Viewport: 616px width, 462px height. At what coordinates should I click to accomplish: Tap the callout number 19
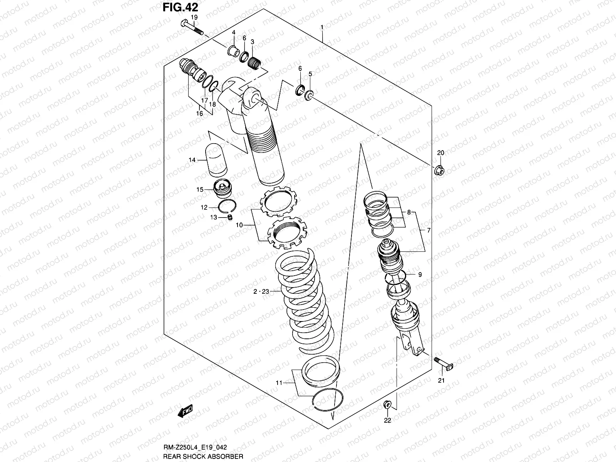coord(194,17)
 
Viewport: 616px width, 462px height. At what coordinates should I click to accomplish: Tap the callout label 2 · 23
coord(261,292)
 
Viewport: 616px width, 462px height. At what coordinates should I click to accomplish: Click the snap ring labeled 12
coord(228,207)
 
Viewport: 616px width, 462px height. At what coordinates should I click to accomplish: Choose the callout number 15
coord(200,189)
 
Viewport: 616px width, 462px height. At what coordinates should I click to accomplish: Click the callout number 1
coord(322,28)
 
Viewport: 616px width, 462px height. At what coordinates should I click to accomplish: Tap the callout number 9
coord(420,275)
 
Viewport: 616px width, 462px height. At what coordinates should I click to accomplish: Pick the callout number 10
coord(239,225)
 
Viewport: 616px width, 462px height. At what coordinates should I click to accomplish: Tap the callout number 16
coord(199,113)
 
